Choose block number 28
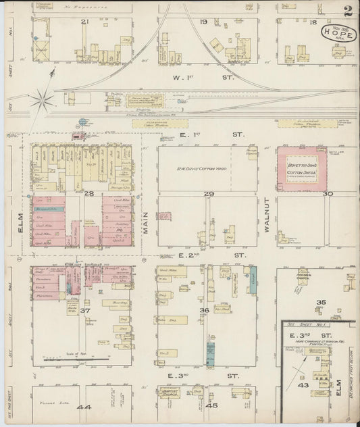(88, 194)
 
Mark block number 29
(209, 194)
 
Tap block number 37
(85, 310)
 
